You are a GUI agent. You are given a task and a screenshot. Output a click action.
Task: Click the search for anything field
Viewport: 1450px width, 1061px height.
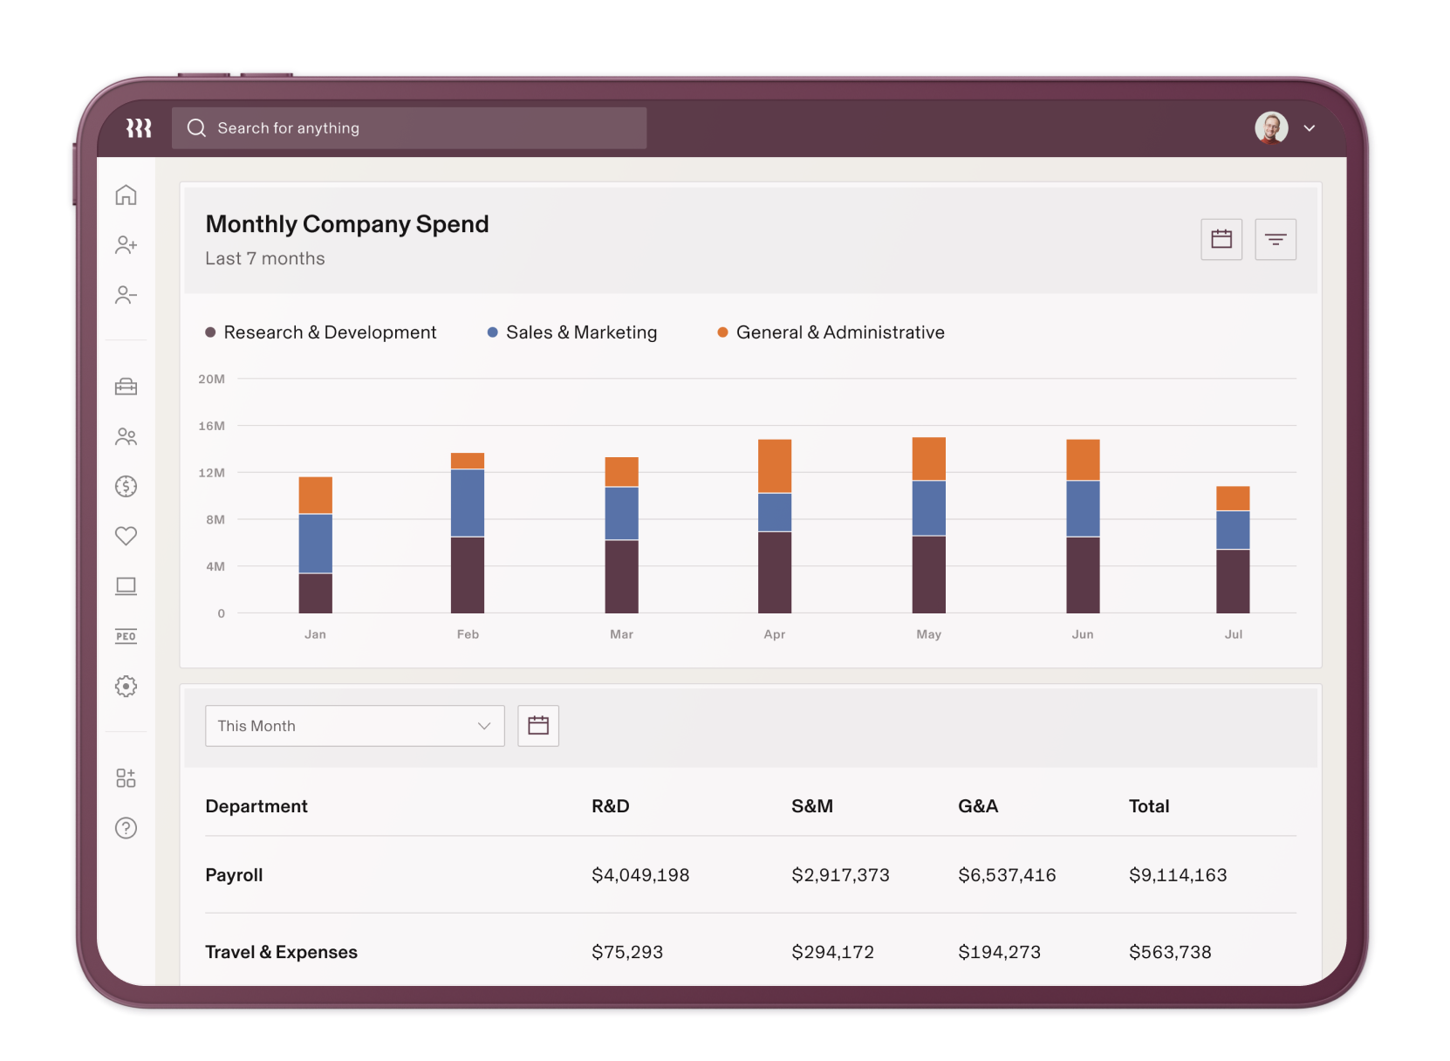coord(408,128)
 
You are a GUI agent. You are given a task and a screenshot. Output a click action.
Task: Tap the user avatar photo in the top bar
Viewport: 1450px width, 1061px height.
coord(1271,128)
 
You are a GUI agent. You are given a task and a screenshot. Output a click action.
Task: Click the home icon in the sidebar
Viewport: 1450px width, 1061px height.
coord(126,195)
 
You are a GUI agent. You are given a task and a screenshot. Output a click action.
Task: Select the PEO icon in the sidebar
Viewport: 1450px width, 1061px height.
coord(126,636)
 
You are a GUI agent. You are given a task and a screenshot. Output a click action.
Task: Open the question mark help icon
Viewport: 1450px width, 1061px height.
coord(126,828)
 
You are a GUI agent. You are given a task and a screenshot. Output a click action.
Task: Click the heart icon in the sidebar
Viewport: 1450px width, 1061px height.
coord(126,536)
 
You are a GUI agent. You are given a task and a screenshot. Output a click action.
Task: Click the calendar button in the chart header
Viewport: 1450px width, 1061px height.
coord(1221,239)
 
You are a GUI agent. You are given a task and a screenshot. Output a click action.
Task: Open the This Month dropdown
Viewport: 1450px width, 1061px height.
coord(354,726)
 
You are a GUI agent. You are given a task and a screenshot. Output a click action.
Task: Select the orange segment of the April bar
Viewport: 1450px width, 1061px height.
coord(774,466)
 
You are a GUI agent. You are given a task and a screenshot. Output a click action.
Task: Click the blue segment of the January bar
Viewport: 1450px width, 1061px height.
coord(315,543)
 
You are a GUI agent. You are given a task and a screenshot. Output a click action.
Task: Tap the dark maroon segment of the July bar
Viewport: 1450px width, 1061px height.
coord(1232,580)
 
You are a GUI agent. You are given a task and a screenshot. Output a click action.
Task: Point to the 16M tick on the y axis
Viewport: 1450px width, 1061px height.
coord(211,426)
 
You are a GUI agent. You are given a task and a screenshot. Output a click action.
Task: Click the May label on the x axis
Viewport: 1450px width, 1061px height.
coord(928,634)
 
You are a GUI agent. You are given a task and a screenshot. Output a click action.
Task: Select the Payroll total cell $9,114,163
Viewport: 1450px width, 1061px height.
coord(1177,875)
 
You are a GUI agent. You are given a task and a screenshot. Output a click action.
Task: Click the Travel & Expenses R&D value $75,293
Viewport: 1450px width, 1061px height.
coord(626,952)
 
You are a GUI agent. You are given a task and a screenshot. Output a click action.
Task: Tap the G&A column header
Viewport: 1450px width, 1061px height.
coord(977,806)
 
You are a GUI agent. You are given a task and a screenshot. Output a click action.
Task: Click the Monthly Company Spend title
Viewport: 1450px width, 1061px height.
coord(346,224)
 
